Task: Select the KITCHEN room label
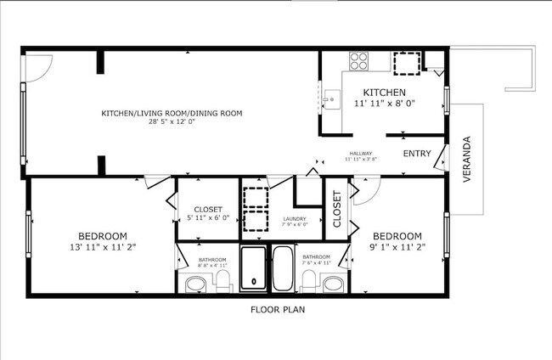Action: (x=384, y=93)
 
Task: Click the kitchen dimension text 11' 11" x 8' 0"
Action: (x=384, y=104)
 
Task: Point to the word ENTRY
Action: (x=416, y=154)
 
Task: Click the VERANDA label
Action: (x=466, y=159)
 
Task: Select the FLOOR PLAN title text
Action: (x=277, y=310)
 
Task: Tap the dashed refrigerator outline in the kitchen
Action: (x=405, y=64)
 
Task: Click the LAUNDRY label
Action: (x=295, y=219)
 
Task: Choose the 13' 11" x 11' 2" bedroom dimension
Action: (x=103, y=246)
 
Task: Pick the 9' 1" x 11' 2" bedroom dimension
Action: (x=397, y=246)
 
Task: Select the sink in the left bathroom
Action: (x=194, y=284)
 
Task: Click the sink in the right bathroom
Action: (x=335, y=284)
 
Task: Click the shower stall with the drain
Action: (x=253, y=269)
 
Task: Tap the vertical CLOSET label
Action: (x=337, y=209)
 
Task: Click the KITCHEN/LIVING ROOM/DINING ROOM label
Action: (x=172, y=113)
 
